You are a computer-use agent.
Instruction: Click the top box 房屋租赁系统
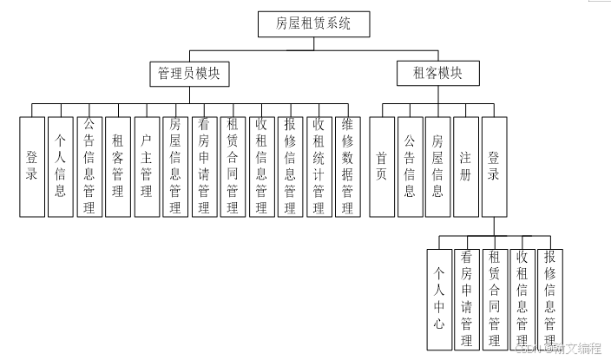point(314,24)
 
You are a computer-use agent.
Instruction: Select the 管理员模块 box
point(188,74)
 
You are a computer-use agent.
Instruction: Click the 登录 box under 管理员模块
point(32,166)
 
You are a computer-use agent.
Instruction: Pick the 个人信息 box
point(61,166)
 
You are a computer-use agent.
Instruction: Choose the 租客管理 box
point(118,166)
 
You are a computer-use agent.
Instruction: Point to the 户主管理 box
point(147,166)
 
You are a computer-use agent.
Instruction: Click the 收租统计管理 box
point(319,166)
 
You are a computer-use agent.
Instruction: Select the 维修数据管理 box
point(347,166)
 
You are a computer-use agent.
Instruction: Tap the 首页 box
point(381,166)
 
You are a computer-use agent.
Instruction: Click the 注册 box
point(466,166)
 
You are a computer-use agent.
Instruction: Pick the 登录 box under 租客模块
point(494,166)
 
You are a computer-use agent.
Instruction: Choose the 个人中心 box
point(439,299)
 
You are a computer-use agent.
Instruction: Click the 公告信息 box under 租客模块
point(410,166)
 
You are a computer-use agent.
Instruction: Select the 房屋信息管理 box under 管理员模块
point(175,166)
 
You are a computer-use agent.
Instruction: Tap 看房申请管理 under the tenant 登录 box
point(467,299)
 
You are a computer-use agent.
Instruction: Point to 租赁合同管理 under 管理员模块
point(233,166)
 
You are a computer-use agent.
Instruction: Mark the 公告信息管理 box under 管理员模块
point(89,166)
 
